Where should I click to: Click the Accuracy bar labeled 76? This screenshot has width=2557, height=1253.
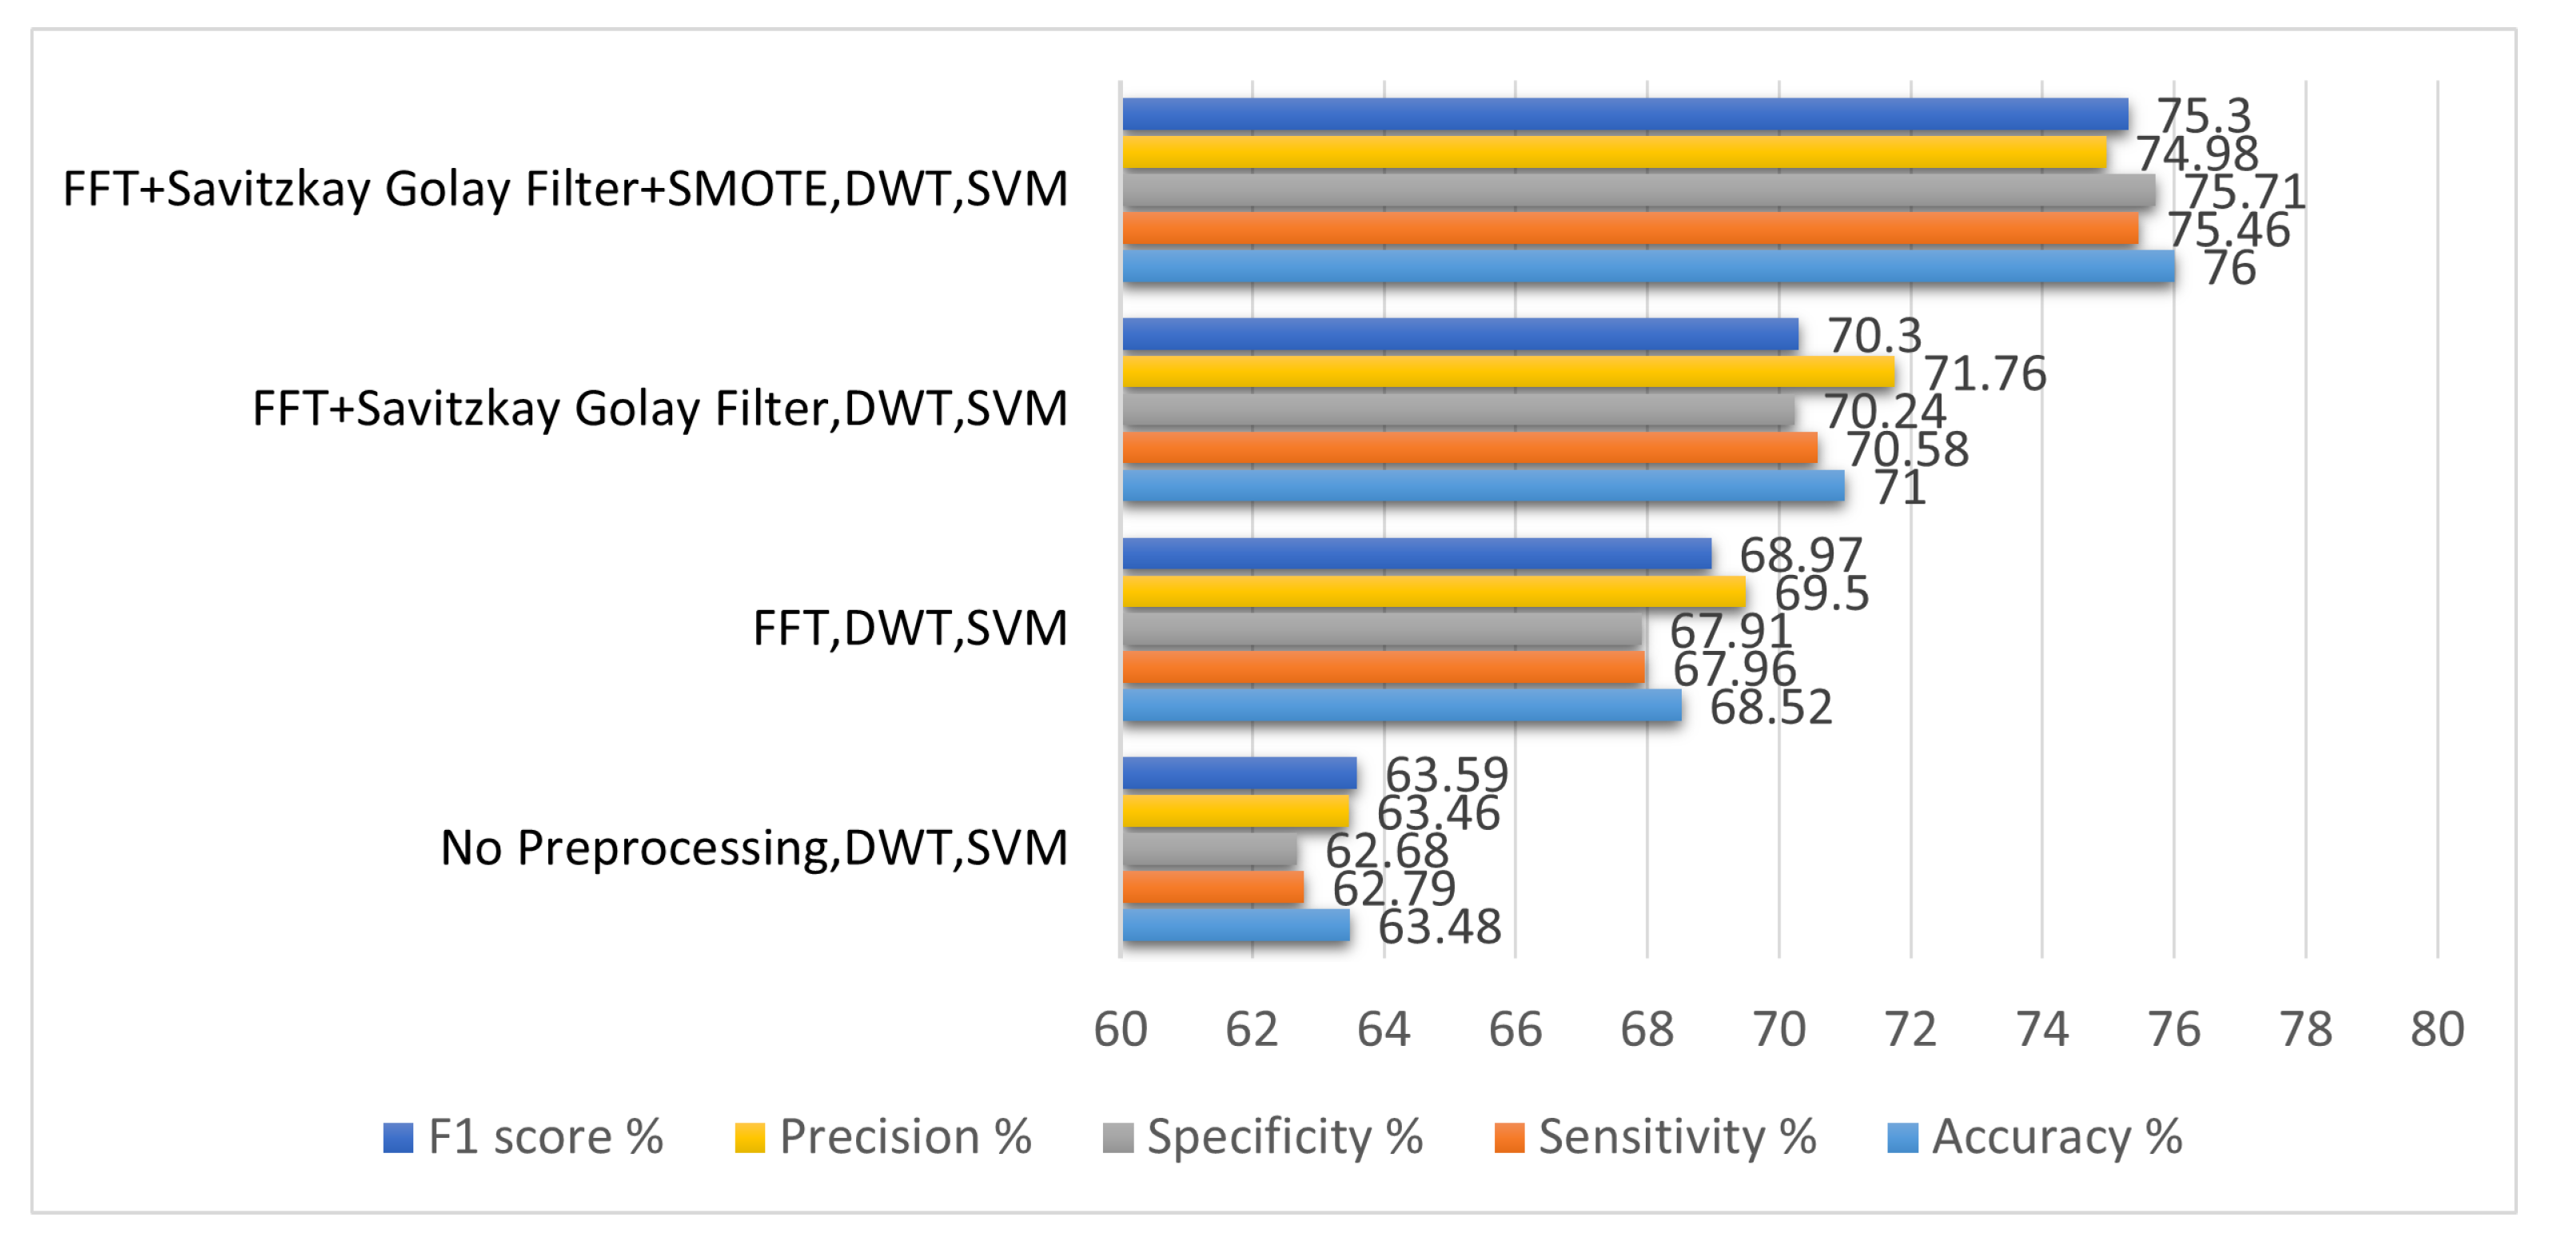click(x=1647, y=266)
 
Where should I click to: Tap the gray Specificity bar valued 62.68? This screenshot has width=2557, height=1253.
click(x=1209, y=850)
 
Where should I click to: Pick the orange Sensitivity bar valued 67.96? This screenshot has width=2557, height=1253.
click(x=1383, y=667)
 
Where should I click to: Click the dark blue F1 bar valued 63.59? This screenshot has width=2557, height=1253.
click(x=1239, y=773)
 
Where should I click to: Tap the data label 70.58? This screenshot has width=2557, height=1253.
click(x=1907, y=449)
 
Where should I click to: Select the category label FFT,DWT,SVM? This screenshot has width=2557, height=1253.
click(x=910, y=628)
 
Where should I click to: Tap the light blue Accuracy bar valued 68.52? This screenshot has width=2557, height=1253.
click(x=1401, y=706)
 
